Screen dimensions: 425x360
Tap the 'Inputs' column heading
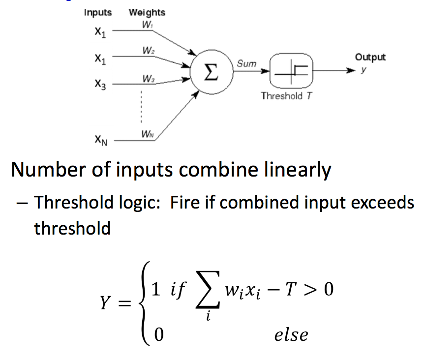point(97,13)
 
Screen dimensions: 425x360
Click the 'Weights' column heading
point(147,13)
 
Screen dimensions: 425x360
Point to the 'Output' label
point(370,57)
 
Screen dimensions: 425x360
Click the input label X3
point(100,84)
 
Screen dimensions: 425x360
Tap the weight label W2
point(148,51)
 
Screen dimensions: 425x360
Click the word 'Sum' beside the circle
point(246,64)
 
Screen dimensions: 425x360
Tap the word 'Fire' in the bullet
point(188,203)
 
